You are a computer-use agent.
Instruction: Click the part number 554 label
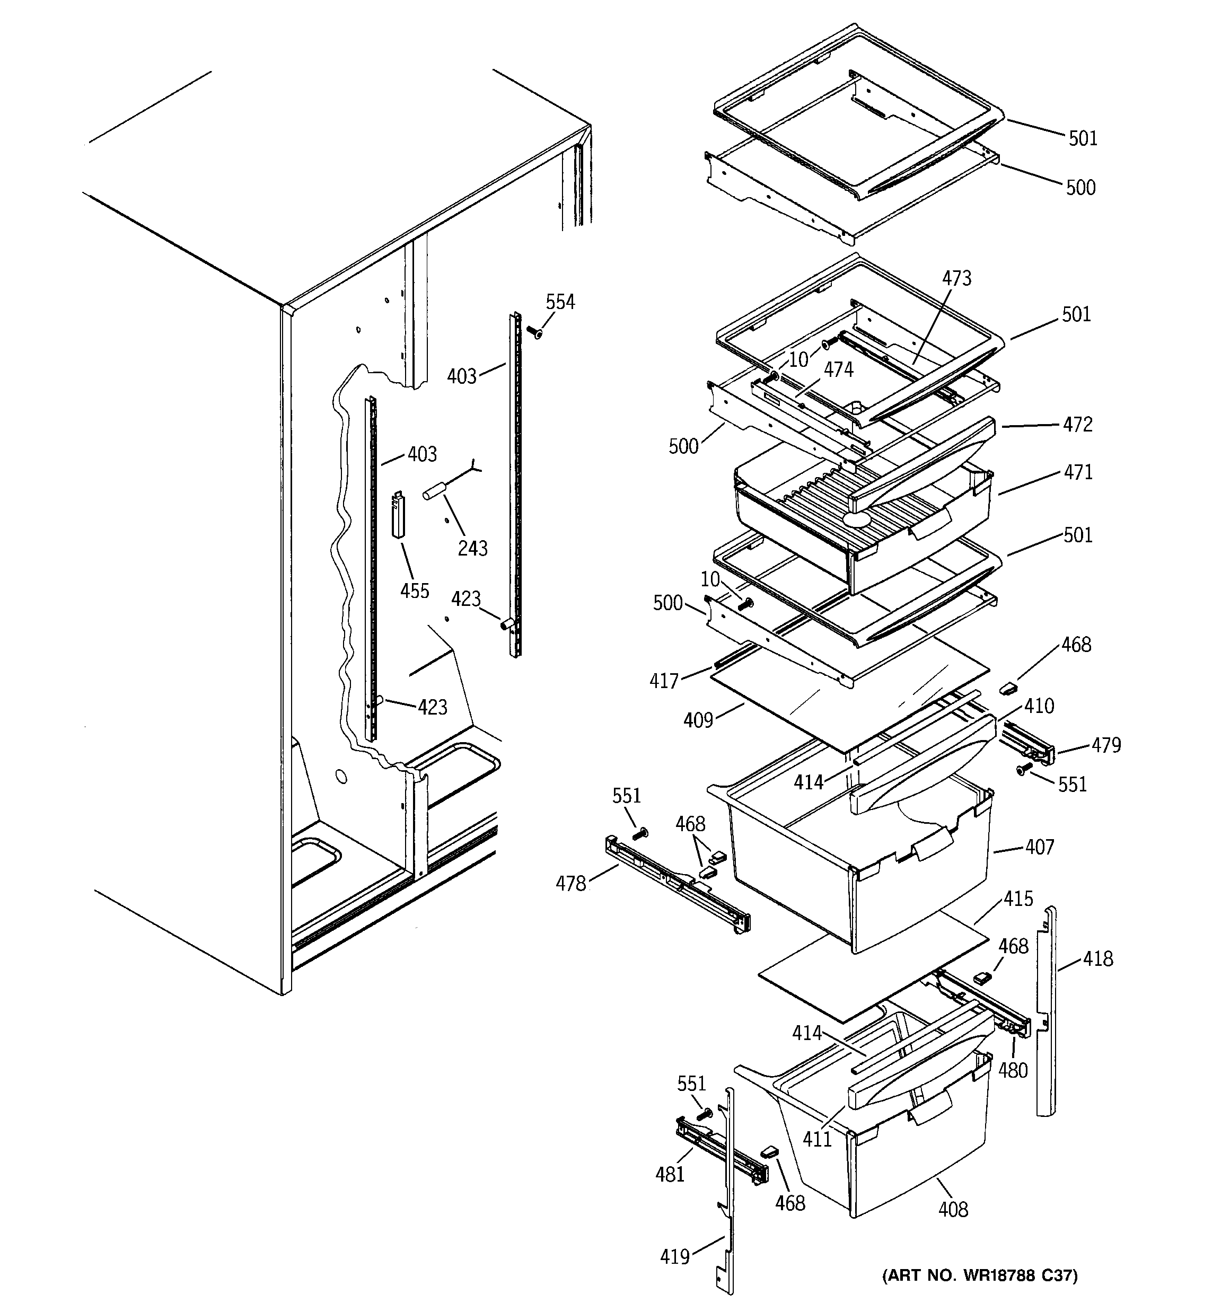560,302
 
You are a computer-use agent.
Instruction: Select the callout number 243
473,548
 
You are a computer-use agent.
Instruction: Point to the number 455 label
415,590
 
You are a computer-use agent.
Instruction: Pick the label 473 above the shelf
956,278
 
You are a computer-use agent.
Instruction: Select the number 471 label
1077,472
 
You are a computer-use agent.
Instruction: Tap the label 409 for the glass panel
698,719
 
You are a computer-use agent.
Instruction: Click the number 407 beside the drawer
1040,846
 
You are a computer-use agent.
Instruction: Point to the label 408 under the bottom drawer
953,1209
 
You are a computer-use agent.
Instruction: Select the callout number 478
570,883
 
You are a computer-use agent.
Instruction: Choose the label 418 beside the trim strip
1097,958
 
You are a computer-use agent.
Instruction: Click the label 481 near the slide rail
670,1174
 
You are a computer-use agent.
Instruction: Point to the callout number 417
664,681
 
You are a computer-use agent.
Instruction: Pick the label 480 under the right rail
1013,1070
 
